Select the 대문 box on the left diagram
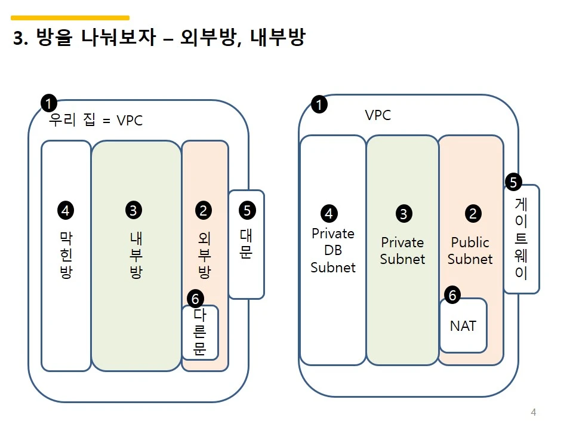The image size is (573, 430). pyautogui.click(x=246, y=245)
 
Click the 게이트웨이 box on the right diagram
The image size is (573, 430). pyautogui.click(x=521, y=239)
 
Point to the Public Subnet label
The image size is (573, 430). pyautogui.click(x=470, y=251)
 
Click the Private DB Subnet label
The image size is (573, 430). pyautogui.click(x=333, y=251)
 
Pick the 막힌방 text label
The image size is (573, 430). pyautogui.click(x=66, y=256)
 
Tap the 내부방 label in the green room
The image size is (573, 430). pyautogui.click(x=136, y=256)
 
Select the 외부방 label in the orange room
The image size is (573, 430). pyautogui.click(x=204, y=256)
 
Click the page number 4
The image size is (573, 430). pyautogui.click(x=533, y=412)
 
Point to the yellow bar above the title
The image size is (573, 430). pyautogui.click(x=70, y=18)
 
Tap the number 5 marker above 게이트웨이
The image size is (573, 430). pyautogui.click(x=513, y=181)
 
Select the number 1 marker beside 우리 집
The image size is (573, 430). pyautogui.click(x=48, y=103)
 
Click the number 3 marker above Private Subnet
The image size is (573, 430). pyautogui.click(x=404, y=214)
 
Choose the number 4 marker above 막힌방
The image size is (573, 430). pyautogui.click(x=65, y=210)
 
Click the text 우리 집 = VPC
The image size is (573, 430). pyautogui.click(x=95, y=121)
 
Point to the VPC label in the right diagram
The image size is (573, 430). pyautogui.click(x=378, y=115)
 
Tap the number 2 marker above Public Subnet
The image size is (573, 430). pyautogui.click(x=473, y=213)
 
